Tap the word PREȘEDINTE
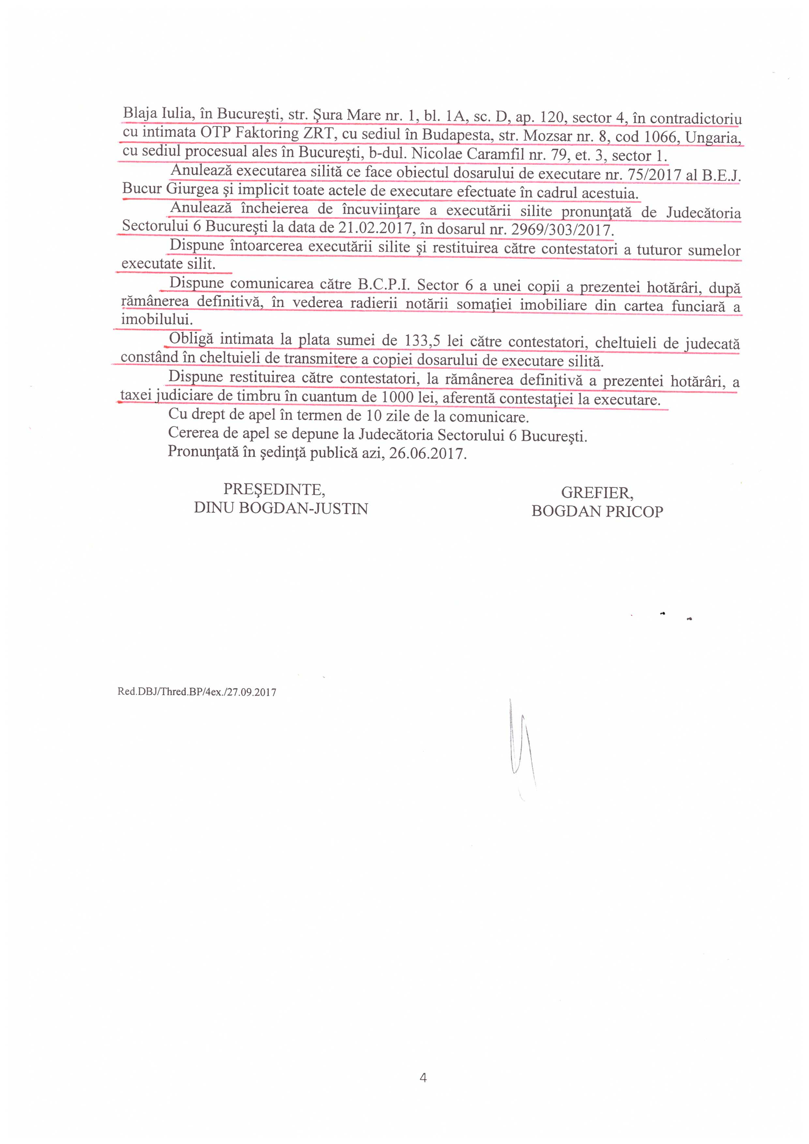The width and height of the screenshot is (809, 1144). [x=274, y=490]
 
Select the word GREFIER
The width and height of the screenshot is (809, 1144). [x=597, y=493]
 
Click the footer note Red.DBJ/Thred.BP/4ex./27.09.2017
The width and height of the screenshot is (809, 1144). [x=197, y=692]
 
